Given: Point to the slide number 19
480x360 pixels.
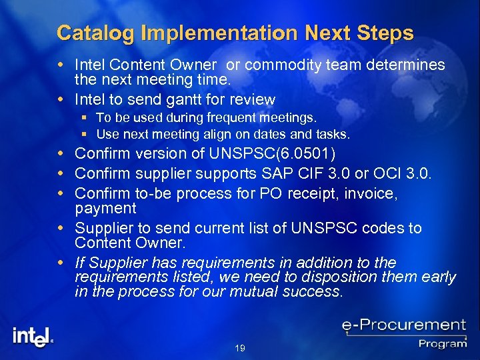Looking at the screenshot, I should click(x=240, y=348).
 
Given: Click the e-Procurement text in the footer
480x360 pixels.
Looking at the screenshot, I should click(x=404, y=326).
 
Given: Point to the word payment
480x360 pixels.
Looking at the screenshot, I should click(x=105, y=209).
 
